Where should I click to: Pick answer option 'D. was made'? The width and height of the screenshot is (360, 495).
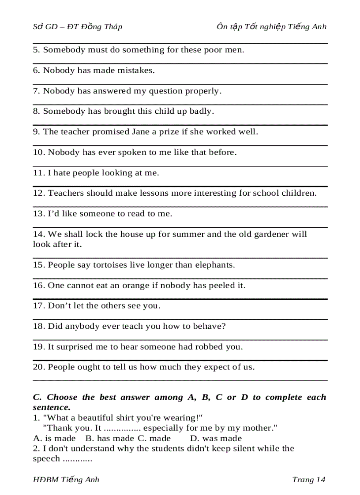[216, 438]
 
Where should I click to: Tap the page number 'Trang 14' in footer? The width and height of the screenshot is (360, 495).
[308, 480]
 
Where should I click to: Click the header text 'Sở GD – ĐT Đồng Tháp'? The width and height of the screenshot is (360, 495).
[78, 26]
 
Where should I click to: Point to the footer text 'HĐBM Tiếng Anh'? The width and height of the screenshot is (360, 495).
[66, 480]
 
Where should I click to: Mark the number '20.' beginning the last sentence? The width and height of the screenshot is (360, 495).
[39, 367]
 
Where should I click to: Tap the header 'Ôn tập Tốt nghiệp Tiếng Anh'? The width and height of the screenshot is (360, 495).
[271, 26]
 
